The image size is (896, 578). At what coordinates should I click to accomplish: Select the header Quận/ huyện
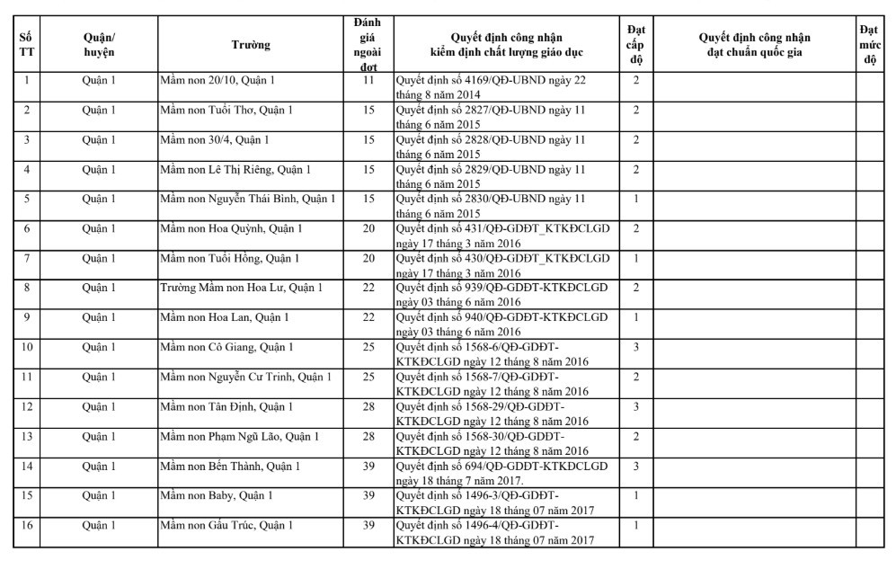[x=99, y=45]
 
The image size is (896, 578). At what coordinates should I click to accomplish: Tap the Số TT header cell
[x=27, y=45]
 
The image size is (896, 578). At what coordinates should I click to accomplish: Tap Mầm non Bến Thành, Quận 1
[x=229, y=466]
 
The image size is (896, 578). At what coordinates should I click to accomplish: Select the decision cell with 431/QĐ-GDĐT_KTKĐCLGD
[x=502, y=236]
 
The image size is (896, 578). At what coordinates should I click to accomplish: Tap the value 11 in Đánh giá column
[x=368, y=81]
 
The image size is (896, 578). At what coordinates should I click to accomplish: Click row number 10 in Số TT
[x=27, y=347]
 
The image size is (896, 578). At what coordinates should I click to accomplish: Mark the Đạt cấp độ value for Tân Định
[x=635, y=406]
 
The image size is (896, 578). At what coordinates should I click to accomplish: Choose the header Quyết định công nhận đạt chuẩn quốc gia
[x=753, y=45]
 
